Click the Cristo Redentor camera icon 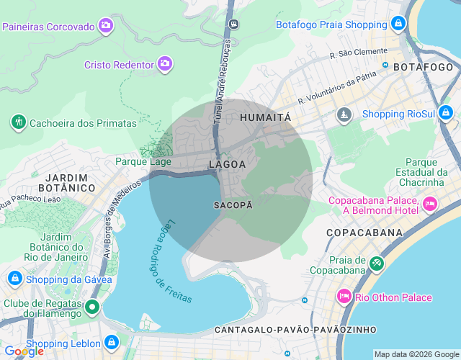(165, 64)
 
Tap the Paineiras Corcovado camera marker (106, 26)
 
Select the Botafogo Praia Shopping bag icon (399, 24)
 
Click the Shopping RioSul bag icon (446, 113)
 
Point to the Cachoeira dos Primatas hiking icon (18, 122)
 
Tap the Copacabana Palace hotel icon (430, 204)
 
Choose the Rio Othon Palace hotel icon (344, 297)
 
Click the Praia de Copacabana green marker (375, 264)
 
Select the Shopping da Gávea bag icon (14, 279)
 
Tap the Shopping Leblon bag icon (112, 343)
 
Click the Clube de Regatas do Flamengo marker (92, 307)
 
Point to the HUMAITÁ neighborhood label (265, 117)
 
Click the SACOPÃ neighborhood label (233, 205)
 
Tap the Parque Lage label (143, 161)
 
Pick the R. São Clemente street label (358, 53)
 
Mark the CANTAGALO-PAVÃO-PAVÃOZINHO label (295, 330)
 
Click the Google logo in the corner (24, 351)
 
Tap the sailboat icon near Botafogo (345, 114)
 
